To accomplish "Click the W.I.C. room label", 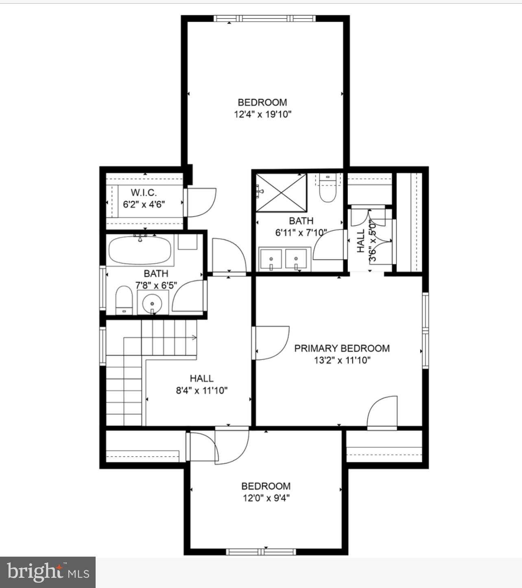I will pos(143,192).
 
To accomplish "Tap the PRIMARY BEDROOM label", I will pos(342,348).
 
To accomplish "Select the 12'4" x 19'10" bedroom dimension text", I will pos(262,114).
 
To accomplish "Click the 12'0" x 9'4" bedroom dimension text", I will pos(266,498).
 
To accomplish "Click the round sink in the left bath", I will pos(152,304).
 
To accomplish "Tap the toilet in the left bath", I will pos(124,300).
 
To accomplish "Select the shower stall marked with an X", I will pos(281,192).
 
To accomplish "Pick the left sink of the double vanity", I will pos(271,259).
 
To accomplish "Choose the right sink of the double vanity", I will pos(296,259).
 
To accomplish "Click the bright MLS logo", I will pos(48,572).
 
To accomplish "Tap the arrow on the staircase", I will pos(193,337).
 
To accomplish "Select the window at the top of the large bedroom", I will pos(264,18).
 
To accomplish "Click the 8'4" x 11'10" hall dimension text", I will pos(201,391).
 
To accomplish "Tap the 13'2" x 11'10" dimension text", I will pos(342,360).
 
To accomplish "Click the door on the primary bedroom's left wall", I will pos(271,343).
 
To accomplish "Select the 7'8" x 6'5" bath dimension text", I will pos(156,285).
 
